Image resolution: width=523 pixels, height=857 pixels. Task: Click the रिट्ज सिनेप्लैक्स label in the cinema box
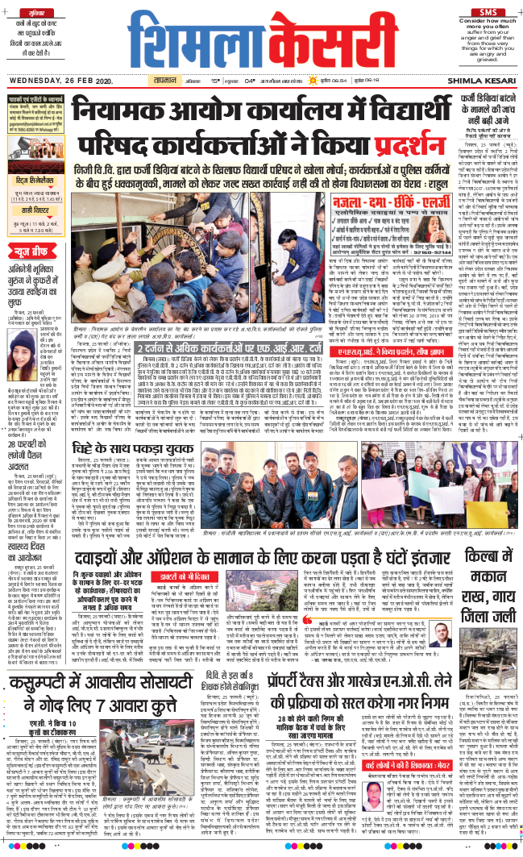point(38,185)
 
